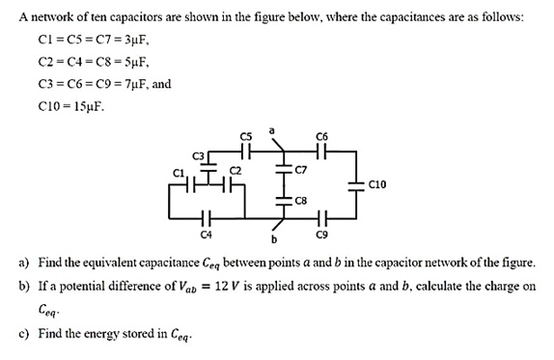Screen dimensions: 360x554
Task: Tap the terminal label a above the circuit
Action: coord(273,129)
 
